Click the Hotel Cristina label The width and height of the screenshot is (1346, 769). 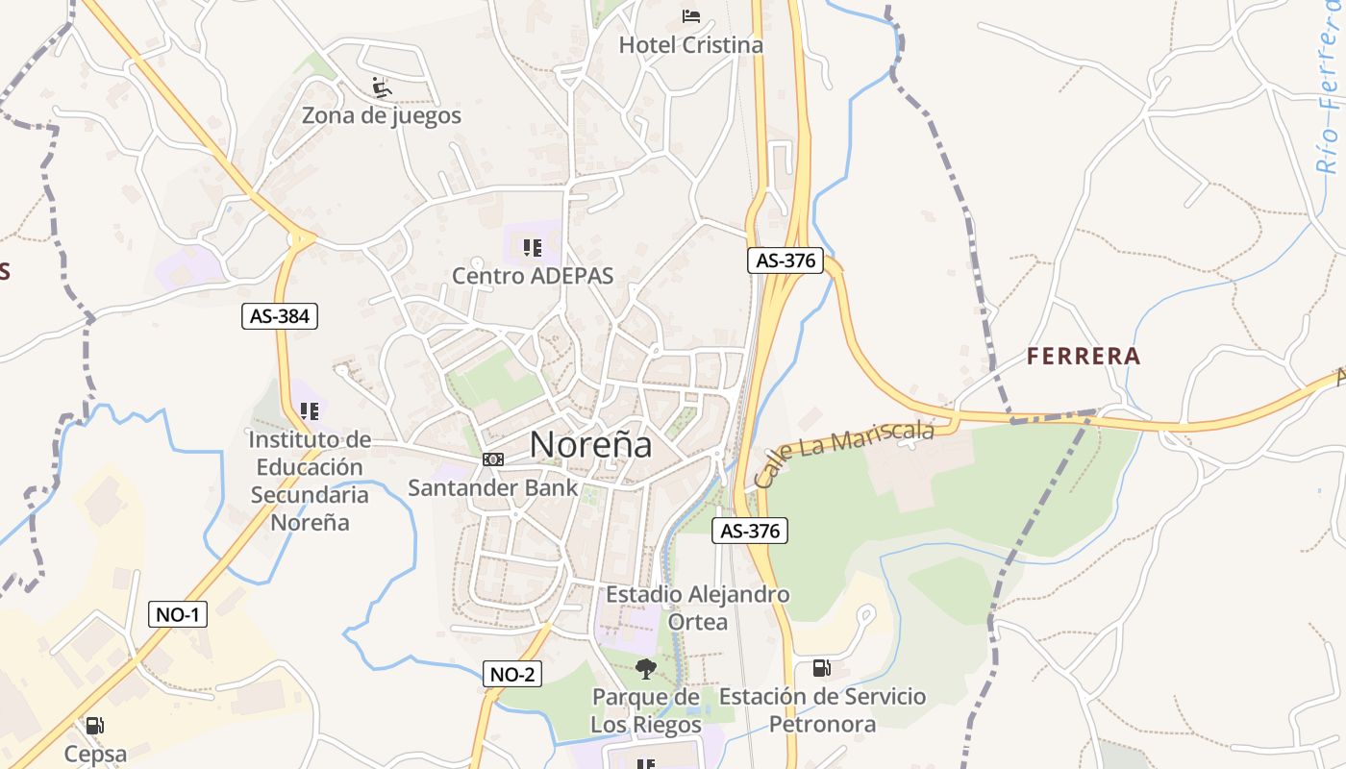[x=690, y=45]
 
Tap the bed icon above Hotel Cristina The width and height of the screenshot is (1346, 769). [x=690, y=15]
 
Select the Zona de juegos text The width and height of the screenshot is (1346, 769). [x=382, y=116]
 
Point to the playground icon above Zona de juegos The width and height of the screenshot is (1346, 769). [x=382, y=87]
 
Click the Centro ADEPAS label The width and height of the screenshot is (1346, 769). [x=533, y=277]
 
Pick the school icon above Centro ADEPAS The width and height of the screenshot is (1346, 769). [x=533, y=248]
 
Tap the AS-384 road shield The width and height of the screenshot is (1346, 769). [x=279, y=316]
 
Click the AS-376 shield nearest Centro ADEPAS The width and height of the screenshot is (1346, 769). [x=785, y=260]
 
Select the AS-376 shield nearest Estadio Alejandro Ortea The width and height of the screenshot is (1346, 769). [x=750, y=530]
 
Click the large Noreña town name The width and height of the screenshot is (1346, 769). [x=590, y=444]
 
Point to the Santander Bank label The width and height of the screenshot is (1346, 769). [x=493, y=487]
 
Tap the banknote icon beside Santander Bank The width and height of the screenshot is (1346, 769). [x=493, y=459]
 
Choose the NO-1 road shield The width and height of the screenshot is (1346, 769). [x=178, y=614]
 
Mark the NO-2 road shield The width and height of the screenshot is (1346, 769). [x=512, y=674]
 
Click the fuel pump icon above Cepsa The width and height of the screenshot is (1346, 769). [x=94, y=726]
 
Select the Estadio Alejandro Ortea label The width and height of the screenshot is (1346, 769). [x=697, y=608]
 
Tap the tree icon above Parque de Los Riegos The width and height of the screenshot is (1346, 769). [x=646, y=668]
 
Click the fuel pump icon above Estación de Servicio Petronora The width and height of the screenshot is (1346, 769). [x=821, y=667]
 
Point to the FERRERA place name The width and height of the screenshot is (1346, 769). [x=1084, y=357]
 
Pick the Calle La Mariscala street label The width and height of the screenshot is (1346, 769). [x=844, y=453]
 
